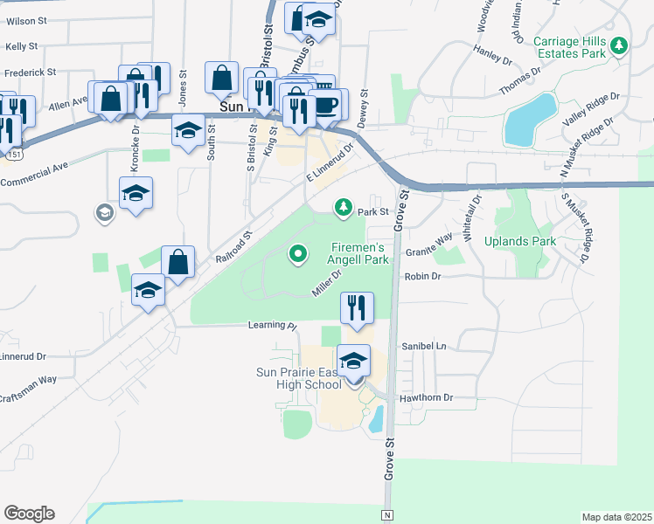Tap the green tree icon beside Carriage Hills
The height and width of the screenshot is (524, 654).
(x=620, y=44)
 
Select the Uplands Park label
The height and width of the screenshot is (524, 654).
(x=545, y=241)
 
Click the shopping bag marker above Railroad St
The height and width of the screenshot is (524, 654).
(x=177, y=263)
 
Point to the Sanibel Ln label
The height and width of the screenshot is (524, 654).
(x=423, y=346)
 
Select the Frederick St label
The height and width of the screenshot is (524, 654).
(x=30, y=72)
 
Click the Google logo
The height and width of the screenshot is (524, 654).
(x=29, y=513)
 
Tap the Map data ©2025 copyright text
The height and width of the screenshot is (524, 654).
(x=616, y=517)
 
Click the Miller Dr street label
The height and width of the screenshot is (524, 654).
(x=323, y=282)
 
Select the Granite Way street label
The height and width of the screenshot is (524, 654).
(x=429, y=244)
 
